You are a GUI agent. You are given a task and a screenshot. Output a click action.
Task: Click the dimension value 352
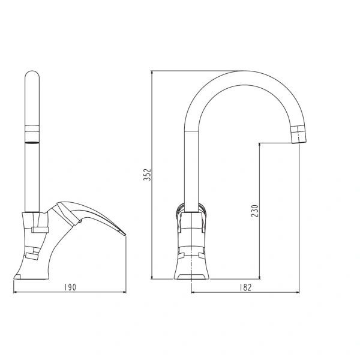(147, 175)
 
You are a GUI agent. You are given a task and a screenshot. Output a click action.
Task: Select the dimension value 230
(254, 211)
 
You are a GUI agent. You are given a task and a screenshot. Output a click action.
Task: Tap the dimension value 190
(70, 287)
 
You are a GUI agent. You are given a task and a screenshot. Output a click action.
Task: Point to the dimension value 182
(245, 287)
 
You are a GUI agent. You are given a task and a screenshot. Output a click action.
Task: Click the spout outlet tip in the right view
(299, 142)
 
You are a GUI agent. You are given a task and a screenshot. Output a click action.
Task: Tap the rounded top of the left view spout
(32, 73)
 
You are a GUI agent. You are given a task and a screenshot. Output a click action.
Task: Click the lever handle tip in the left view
(124, 233)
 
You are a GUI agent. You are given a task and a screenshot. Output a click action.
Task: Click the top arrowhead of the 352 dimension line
(152, 73)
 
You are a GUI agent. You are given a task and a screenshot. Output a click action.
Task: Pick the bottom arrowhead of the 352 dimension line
(152, 277)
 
